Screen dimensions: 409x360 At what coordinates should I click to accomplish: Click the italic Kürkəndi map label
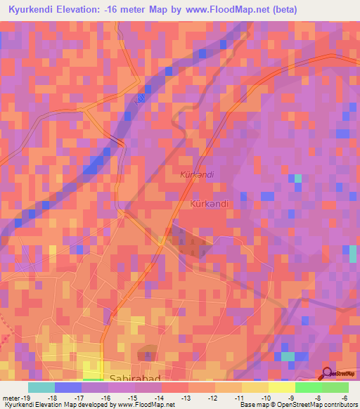196,174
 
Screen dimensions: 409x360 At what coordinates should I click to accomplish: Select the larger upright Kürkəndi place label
210,204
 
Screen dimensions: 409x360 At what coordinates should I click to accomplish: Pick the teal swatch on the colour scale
41,387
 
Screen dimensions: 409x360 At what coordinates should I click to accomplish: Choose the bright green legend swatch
308,387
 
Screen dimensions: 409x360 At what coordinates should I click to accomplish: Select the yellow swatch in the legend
281,387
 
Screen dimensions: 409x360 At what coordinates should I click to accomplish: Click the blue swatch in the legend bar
67,387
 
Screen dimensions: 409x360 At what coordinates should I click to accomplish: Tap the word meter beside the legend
11,397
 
